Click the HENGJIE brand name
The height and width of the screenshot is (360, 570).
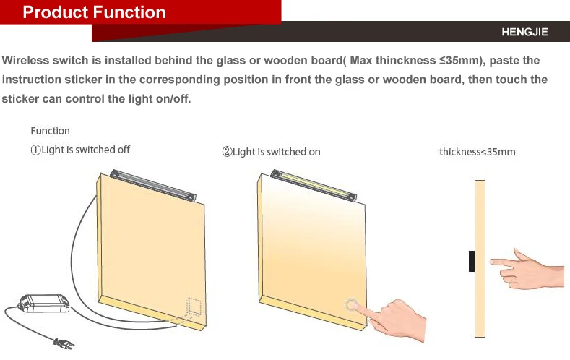(x=524, y=32)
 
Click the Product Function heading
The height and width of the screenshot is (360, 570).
(x=94, y=12)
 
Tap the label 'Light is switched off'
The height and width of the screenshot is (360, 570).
(x=85, y=150)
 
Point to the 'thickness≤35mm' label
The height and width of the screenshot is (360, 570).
(x=477, y=152)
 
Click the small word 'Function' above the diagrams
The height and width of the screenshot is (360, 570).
(x=50, y=131)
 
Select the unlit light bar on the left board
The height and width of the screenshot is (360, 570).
(x=154, y=185)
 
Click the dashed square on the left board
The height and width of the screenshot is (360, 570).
(x=192, y=307)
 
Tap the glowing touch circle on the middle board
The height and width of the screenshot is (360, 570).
(x=352, y=304)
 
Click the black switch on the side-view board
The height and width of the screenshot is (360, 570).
(x=472, y=261)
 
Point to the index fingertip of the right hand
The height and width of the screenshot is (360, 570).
(x=493, y=262)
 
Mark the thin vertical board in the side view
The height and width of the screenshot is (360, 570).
(x=479, y=259)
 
